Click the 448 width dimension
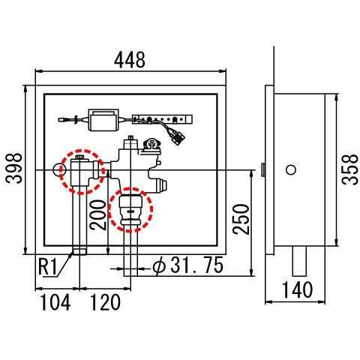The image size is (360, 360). (130, 60)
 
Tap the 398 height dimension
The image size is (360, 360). (14, 169)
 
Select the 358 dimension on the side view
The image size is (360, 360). (350, 169)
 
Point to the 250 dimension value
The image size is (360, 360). (241, 219)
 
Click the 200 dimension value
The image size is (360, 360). (98, 214)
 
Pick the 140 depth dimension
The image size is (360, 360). (297, 289)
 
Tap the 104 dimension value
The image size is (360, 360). (55, 302)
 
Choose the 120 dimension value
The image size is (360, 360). (105, 302)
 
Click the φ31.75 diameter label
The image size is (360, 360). (187, 265)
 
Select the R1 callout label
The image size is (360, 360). (48, 267)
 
